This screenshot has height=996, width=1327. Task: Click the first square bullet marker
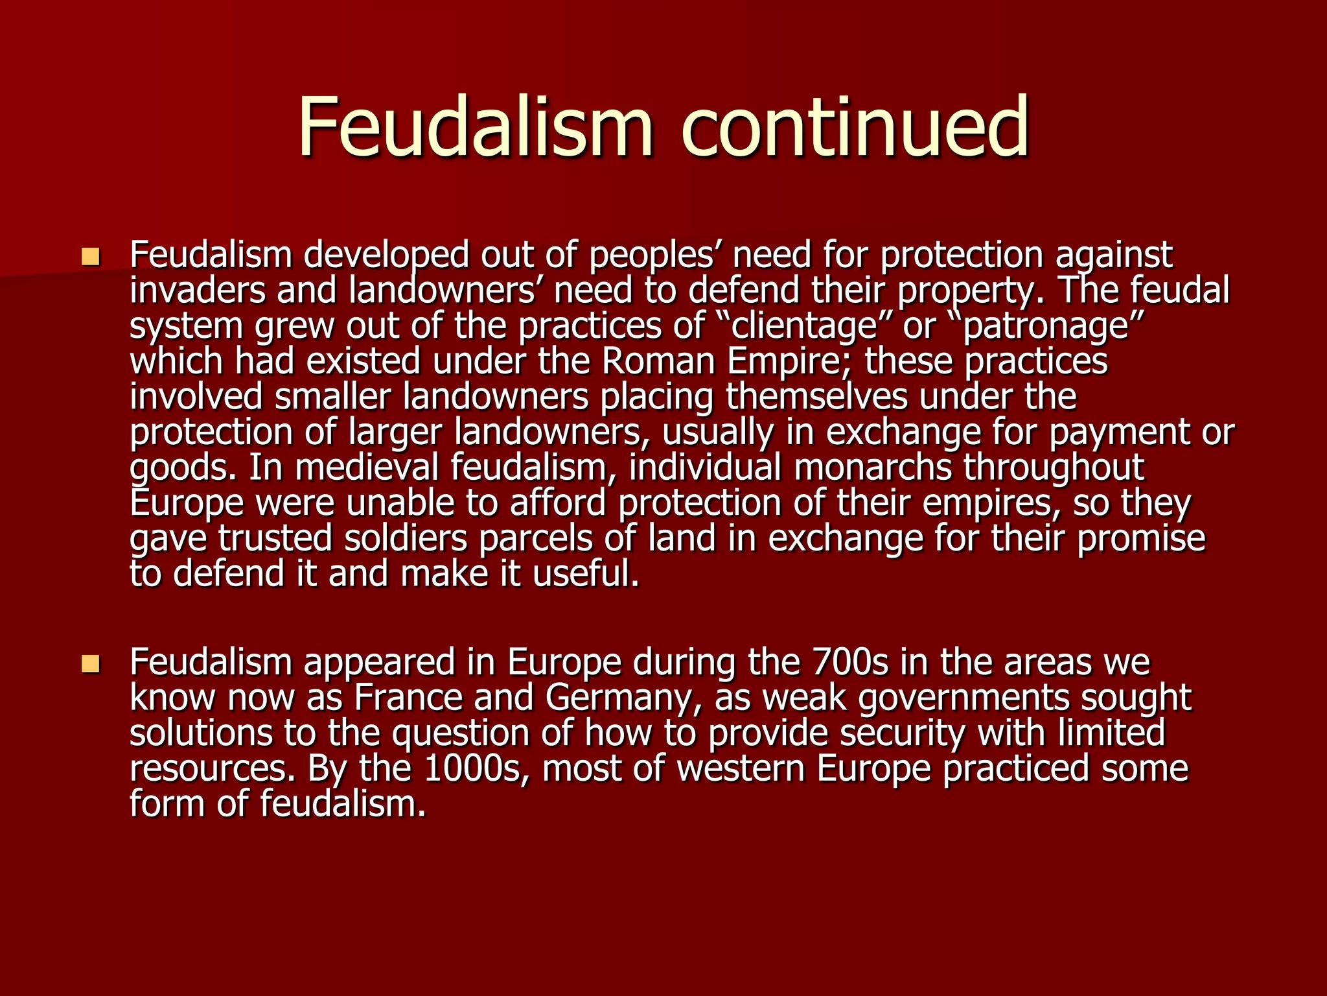coord(91,257)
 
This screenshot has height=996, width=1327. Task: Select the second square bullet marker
coord(91,663)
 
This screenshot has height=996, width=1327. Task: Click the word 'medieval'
coord(365,468)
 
